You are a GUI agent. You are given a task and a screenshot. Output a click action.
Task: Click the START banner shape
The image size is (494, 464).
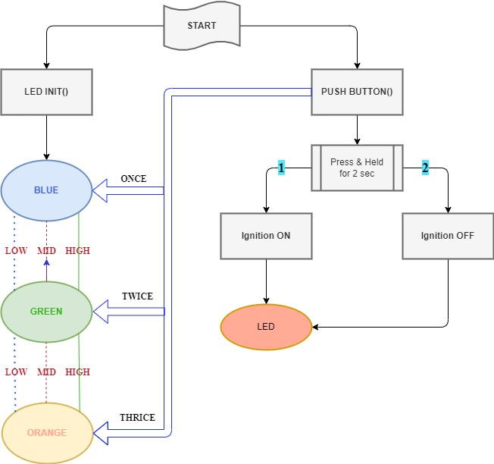point(202,26)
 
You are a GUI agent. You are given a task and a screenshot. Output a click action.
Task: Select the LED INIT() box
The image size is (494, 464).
point(47,92)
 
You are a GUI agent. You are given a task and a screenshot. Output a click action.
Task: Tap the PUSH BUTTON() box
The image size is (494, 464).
point(357,92)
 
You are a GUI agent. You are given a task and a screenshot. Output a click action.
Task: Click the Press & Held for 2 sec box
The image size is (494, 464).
point(357,168)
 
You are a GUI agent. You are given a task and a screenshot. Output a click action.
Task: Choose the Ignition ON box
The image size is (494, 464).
point(266,236)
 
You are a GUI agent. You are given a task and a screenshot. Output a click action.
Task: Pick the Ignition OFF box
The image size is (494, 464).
point(448,236)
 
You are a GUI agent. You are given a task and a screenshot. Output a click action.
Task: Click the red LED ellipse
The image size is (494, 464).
point(266,327)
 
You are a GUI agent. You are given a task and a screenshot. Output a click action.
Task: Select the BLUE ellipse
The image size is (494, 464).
point(46,190)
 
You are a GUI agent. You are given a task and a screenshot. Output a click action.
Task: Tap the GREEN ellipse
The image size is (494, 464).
point(46,312)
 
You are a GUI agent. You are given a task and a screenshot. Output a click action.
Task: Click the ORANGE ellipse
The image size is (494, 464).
point(47,433)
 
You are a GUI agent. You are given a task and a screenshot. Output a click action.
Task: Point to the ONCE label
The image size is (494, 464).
point(133,179)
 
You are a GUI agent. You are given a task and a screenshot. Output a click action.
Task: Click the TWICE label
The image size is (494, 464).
point(137,296)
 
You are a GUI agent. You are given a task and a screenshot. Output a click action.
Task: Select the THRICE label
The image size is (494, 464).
point(137,418)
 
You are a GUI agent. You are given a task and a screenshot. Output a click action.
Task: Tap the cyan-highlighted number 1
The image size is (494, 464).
point(281,168)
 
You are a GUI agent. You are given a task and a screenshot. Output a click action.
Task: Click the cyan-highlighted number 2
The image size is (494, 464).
point(425,168)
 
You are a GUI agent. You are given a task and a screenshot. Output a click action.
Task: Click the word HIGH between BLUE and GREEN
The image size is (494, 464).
point(77,251)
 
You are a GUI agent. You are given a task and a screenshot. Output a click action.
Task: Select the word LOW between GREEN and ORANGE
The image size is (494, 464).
point(17,372)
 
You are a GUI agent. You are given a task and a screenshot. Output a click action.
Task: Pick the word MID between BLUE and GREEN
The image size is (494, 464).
point(47,251)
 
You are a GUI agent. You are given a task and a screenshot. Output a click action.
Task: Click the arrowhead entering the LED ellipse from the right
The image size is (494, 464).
point(315,327)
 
